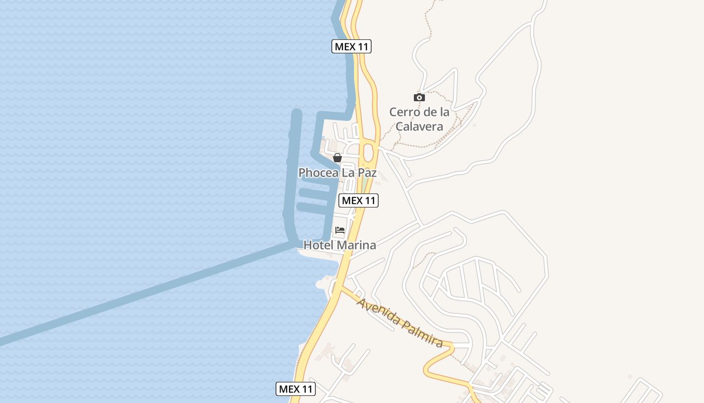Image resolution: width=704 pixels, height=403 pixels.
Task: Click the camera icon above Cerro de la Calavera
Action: coord(419,97)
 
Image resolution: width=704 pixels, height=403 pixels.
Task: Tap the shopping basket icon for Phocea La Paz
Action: coord(337,158)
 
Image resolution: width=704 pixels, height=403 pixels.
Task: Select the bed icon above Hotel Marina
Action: coord(340,230)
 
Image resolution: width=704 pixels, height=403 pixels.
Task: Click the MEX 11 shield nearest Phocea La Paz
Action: coord(358,200)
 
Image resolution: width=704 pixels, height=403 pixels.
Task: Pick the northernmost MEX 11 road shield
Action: coord(351,47)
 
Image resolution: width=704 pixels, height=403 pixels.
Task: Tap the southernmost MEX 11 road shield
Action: coord(296,389)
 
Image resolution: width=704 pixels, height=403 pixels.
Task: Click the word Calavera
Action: coord(419,126)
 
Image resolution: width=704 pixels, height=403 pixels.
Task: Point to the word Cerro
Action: coord(404,112)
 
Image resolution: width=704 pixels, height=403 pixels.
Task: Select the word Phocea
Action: coord(317,173)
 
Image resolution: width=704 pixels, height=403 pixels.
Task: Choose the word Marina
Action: coord(357,245)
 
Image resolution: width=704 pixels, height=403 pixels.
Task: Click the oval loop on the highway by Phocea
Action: coord(369,152)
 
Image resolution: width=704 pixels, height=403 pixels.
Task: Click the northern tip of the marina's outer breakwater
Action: coord(297,113)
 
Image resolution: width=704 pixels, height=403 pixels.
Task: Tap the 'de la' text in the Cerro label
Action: coord(435,112)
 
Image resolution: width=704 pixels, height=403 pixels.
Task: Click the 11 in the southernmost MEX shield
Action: coord(306,389)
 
